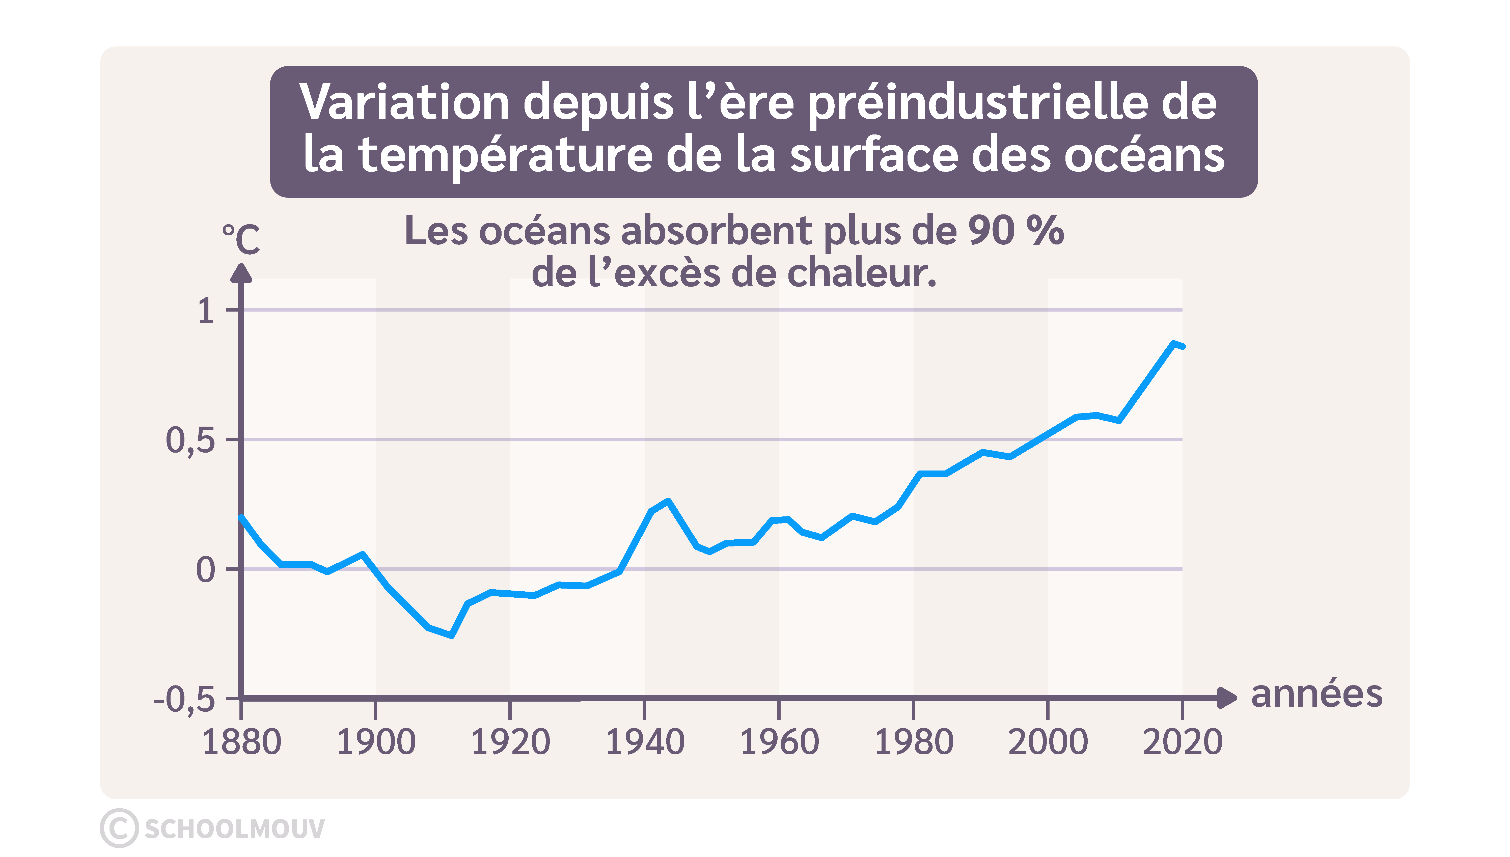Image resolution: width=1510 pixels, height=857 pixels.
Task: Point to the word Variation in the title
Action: [404, 102]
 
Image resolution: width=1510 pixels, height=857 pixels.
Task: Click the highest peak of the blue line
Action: [1173, 343]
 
